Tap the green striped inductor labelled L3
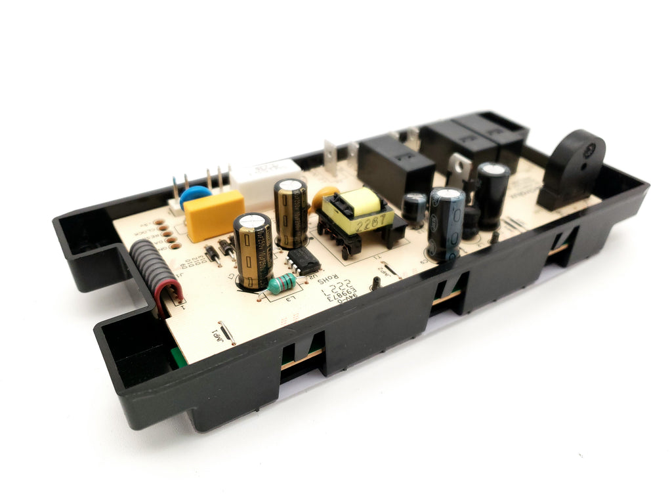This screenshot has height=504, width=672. point(282,283)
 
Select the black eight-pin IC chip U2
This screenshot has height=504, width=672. point(303,261)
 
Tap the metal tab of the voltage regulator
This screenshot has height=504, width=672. point(459,164)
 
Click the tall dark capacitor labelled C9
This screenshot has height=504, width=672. point(446,223)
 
